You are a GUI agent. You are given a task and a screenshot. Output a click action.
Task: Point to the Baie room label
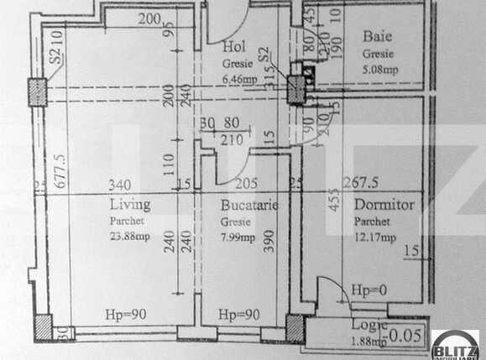374,36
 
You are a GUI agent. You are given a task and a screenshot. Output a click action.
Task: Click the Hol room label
233,47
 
